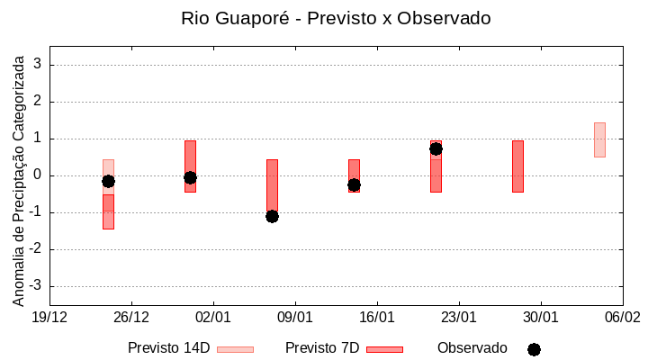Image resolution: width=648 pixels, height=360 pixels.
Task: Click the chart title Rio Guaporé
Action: click(336, 18)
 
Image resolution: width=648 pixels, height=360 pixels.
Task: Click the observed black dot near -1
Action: click(272, 216)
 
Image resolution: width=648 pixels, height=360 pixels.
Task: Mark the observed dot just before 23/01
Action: click(436, 148)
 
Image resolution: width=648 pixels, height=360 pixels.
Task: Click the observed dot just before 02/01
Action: click(190, 177)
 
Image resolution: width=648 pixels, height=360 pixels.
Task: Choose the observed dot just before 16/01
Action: click(354, 184)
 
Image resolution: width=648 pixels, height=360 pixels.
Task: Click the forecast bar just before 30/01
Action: click(517, 166)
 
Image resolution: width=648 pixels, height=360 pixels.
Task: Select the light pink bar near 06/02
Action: click(599, 139)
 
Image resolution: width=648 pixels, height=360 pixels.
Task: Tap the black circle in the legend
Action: click(534, 349)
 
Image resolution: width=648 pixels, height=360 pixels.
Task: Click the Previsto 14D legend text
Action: click(168, 348)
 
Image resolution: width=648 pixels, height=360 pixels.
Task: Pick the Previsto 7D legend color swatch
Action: click(384, 349)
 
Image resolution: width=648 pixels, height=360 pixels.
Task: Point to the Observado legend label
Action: click(472, 348)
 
